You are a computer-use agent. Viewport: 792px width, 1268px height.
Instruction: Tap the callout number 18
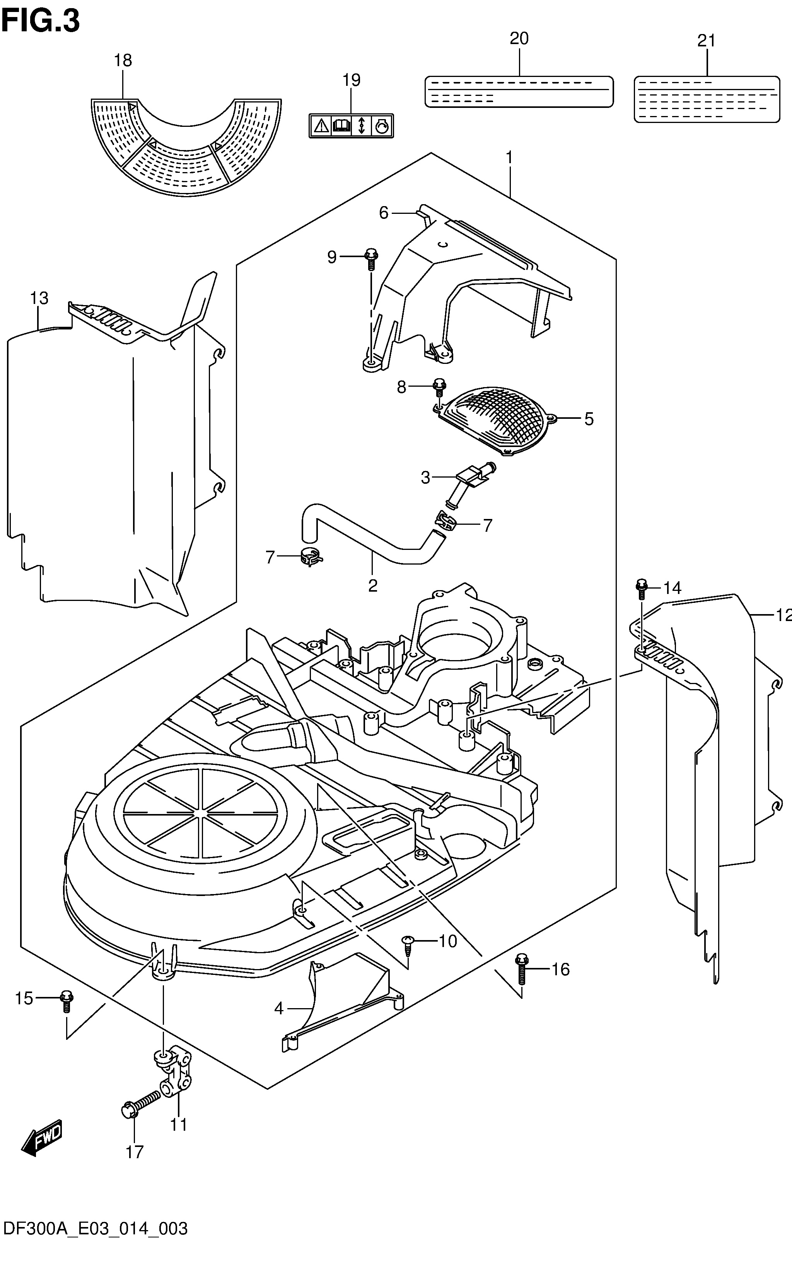click(x=123, y=60)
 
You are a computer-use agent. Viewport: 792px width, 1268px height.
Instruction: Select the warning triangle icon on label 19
click(x=321, y=126)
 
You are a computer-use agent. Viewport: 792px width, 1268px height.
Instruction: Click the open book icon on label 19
click(x=341, y=126)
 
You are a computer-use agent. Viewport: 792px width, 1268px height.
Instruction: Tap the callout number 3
click(x=425, y=477)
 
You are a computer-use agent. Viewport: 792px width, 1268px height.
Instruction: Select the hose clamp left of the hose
click(x=312, y=557)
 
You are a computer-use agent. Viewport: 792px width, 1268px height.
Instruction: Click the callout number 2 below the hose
click(x=372, y=585)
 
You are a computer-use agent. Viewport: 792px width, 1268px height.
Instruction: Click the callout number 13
click(x=39, y=298)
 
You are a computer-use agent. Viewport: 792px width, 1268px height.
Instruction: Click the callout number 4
click(x=279, y=1008)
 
